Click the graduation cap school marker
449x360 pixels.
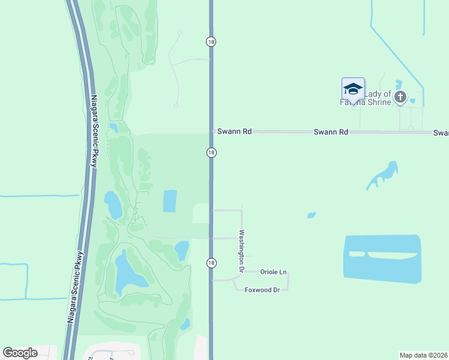coord(353,89)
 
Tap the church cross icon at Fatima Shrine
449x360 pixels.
coord(400,97)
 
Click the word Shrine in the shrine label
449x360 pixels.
coord(377,102)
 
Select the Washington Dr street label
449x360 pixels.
coord(242,251)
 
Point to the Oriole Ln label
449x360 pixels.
coord(273,272)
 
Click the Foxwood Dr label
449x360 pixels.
coord(262,290)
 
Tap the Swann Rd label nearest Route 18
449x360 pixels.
coord(234,131)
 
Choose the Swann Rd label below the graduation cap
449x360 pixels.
coord(331,131)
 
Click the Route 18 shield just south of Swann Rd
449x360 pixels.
coord(211,153)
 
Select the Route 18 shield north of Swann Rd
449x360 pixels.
coord(211,41)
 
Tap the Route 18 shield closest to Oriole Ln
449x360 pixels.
coord(211,263)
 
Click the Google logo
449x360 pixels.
coord(20,352)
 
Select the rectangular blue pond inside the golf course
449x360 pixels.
coord(170,201)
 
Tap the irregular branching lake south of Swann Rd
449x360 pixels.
coord(382,175)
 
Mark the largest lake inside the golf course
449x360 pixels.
coord(130,271)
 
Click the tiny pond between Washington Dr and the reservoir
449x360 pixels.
coord(311,215)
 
